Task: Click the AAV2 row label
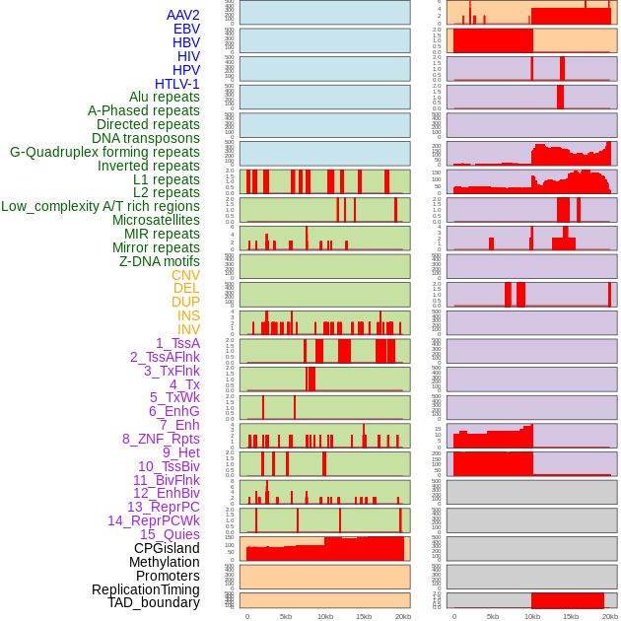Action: (182, 15)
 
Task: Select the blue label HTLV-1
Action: (176, 84)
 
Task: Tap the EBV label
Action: (185, 29)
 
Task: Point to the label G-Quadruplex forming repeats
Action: (104, 152)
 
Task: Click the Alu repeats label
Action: (164, 97)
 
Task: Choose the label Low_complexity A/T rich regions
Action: (100, 206)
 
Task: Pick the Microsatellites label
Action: (155, 220)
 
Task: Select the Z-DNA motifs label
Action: (159, 261)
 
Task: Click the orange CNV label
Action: (185, 275)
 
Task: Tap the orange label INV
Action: (188, 329)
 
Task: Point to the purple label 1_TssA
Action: (177, 343)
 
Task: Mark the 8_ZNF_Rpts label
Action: (161, 439)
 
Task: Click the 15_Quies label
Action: (169, 534)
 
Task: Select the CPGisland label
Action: (167, 548)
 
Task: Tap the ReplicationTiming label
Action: (145, 589)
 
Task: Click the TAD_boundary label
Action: (153, 602)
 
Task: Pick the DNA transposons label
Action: (145, 138)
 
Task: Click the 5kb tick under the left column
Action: (286, 616)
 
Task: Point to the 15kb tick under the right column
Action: (571, 616)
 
